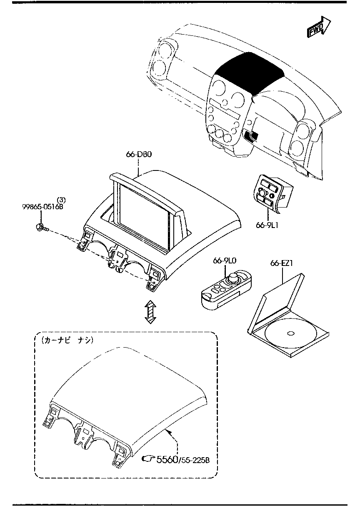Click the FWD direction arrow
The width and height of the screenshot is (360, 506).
(x=318, y=28)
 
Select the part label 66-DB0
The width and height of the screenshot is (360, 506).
(x=139, y=154)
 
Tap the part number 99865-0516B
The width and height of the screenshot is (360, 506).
(x=42, y=206)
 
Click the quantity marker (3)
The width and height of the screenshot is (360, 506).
(x=61, y=199)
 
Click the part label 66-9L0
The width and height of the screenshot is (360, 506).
(x=225, y=261)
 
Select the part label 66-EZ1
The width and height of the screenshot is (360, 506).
(x=282, y=263)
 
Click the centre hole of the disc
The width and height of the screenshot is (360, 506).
(x=290, y=333)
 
